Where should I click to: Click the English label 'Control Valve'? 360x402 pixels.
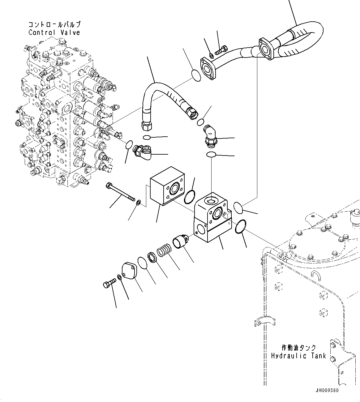coord(54,32)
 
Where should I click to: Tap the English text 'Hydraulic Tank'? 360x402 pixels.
coord(298,356)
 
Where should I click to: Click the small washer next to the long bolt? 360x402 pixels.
coord(138,203)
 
